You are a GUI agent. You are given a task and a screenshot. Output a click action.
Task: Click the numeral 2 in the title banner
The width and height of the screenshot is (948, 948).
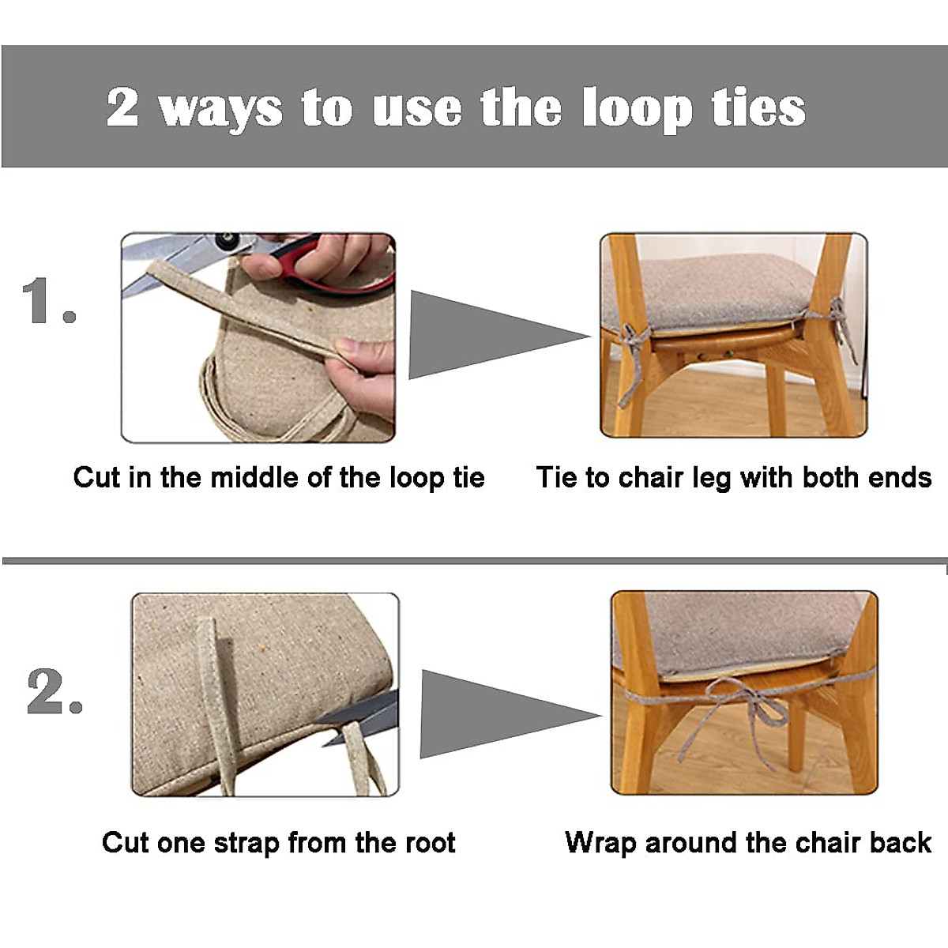pos(122,107)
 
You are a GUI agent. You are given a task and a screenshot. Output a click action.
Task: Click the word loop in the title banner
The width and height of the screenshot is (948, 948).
pos(637,109)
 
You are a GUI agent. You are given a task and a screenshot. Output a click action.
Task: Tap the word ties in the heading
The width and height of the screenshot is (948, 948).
pos(758,107)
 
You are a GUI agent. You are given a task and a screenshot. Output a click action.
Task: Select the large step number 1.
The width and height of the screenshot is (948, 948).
pos(47,301)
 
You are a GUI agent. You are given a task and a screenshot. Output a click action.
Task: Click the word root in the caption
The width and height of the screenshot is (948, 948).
pos(431,843)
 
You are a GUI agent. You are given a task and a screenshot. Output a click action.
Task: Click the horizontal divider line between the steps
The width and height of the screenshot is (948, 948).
pos(474,561)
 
